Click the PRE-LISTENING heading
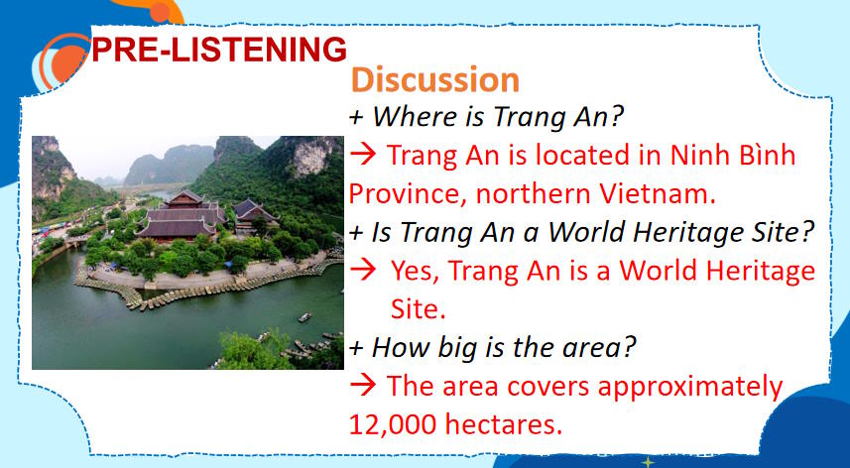point(218,49)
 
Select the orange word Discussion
point(435,79)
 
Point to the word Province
point(402,191)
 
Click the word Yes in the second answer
point(415,270)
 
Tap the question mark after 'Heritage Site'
point(808,233)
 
